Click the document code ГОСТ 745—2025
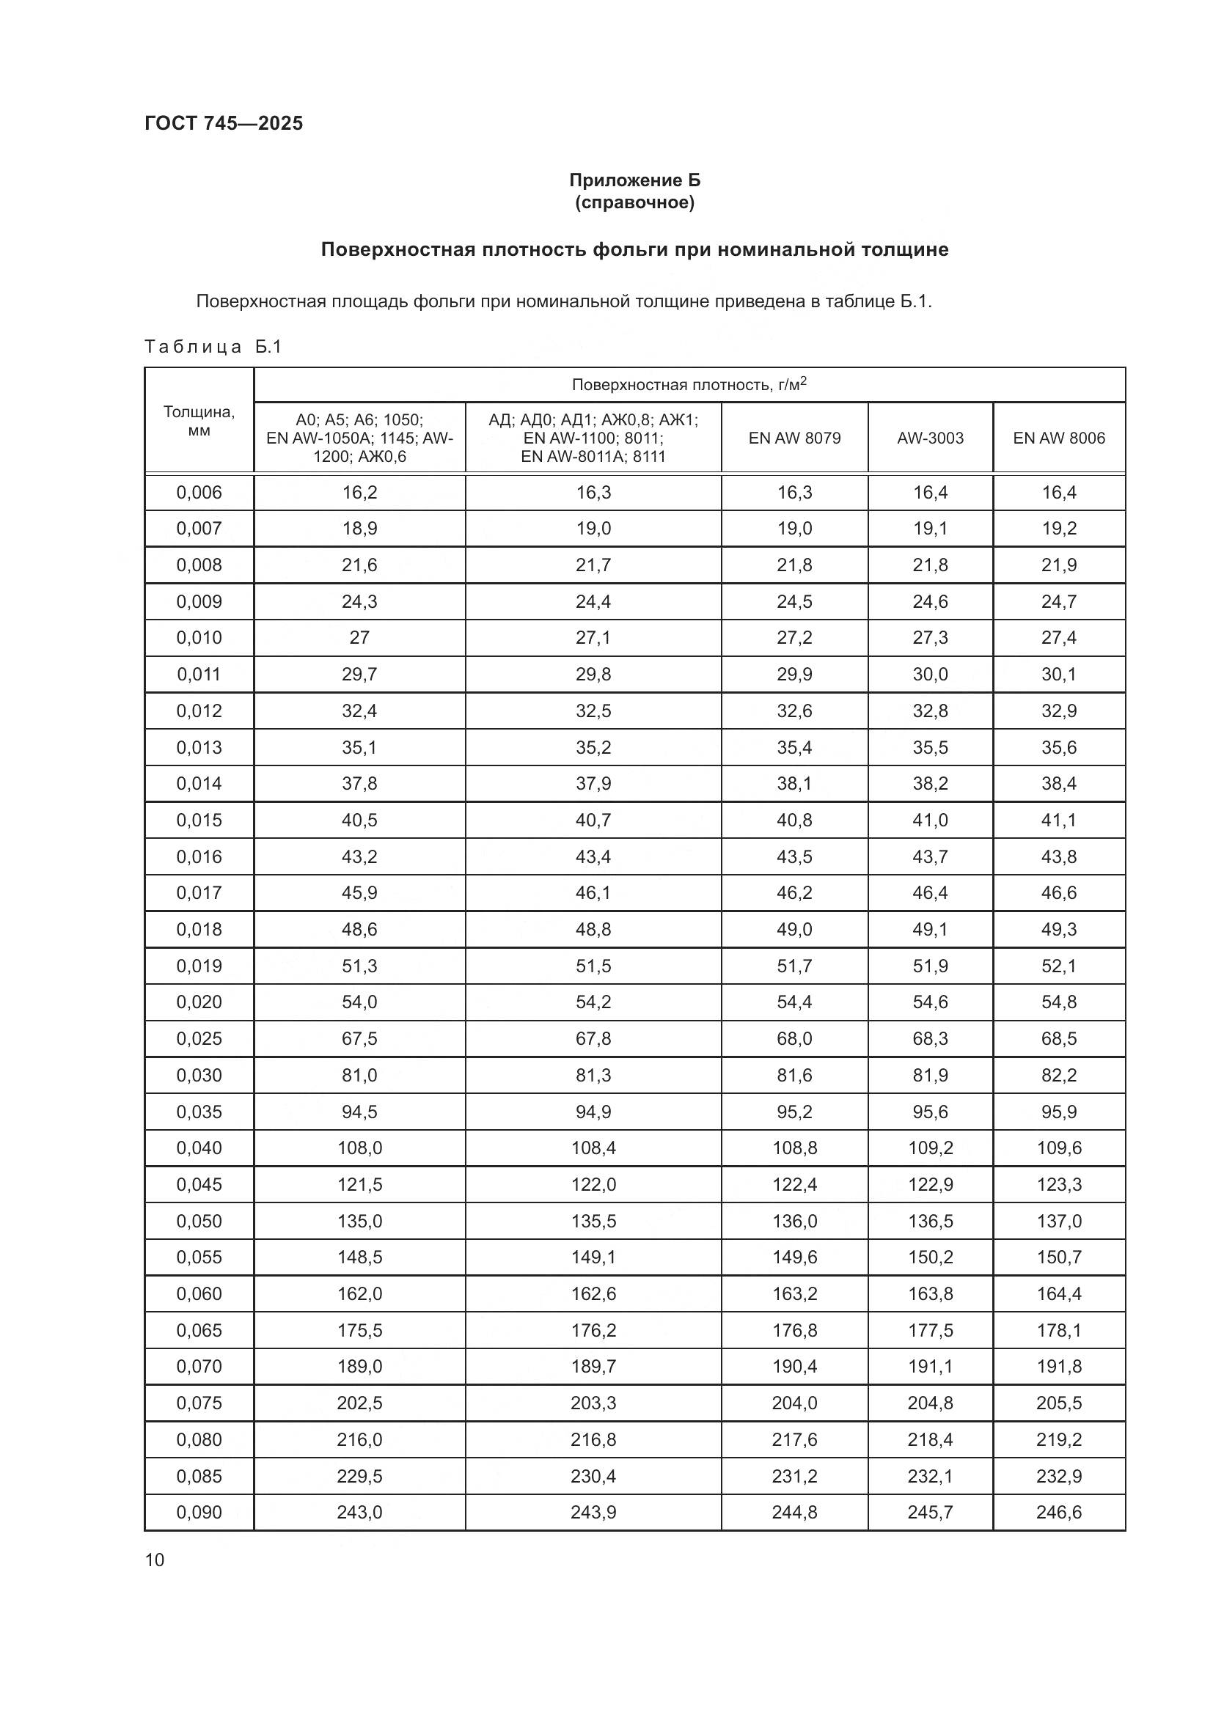(x=224, y=123)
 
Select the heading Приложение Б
(x=634, y=180)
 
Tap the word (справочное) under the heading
(x=634, y=202)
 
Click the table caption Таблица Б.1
(x=213, y=347)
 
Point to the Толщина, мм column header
(x=199, y=422)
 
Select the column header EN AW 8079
(x=794, y=438)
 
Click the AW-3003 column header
(x=930, y=438)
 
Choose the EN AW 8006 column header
(x=1058, y=438)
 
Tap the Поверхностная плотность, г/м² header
(x=689, y=385)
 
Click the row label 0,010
(x=199, y=637)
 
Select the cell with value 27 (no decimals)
(x=359, y=637)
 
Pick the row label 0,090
(x=199, y=1513)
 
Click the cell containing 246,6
(x=1058, y=1513)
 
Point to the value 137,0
(x=1058, y=1221)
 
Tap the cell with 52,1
(x=1058, y=966)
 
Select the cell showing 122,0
(x=593, y=1184)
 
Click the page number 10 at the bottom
(x=155, y=1560)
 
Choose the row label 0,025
(x=199, y=1038)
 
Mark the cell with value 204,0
(x=794, y=1403)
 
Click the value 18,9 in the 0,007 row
(x=359, y=528)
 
